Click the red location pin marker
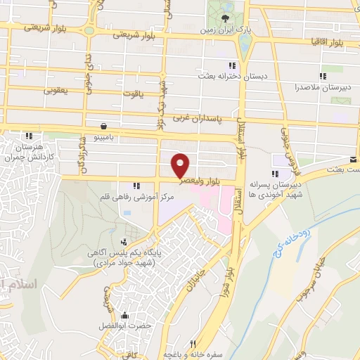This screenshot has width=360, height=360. (x=181, y=165)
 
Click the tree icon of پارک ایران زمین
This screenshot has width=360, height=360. (x=224, y=18)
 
